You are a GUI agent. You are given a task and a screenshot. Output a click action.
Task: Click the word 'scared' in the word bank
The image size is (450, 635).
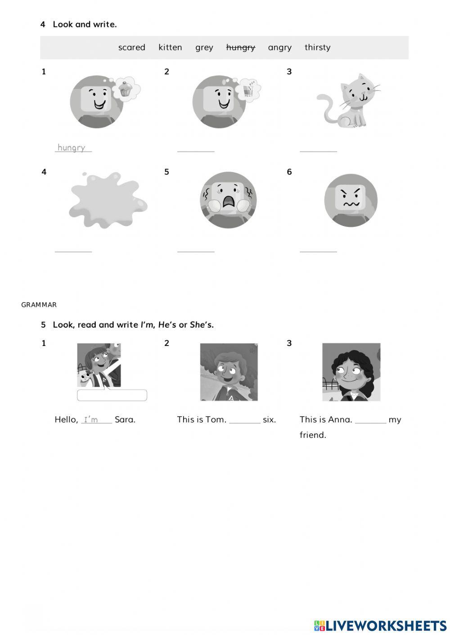(131, 48)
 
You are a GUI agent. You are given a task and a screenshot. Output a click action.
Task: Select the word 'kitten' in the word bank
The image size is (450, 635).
(170, 48)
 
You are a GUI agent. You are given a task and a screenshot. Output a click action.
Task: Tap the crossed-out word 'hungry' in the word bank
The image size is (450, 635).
(240, 48)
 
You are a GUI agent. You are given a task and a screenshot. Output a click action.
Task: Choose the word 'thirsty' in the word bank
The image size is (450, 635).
(317, 48)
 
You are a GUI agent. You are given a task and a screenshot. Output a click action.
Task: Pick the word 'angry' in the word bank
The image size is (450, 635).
(279, 48)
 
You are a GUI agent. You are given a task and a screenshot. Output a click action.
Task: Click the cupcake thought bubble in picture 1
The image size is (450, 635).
(124, 89)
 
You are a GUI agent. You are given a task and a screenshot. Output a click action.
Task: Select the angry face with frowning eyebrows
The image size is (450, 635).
(351, 200)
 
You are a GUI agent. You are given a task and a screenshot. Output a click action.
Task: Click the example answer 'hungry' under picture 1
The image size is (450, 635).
(72, 147)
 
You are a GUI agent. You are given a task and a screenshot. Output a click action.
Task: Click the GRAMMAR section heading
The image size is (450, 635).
(39, 305)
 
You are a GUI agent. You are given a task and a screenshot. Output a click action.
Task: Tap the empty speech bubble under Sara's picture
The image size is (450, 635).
(112, 395)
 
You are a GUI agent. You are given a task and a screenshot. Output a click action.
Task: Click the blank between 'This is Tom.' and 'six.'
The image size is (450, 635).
(244, 421)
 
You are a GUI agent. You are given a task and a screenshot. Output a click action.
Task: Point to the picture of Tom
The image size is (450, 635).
(229, 372)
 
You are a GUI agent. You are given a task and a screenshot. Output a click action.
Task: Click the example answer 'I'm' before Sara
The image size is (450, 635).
(91, 420)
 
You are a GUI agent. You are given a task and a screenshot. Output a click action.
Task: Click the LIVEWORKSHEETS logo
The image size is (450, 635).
(380, 625)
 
